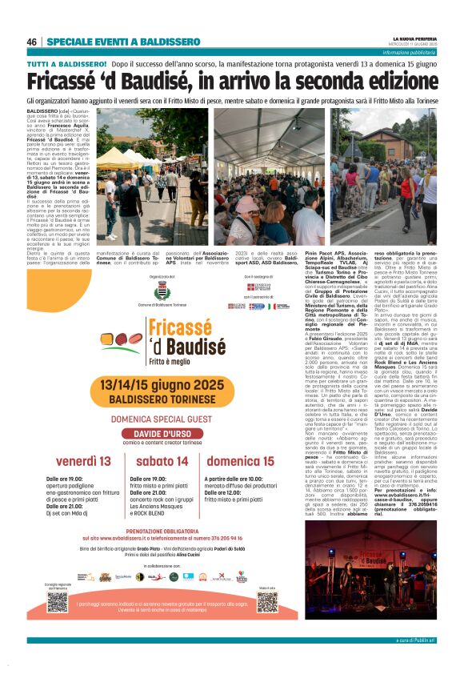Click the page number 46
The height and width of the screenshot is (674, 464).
(x=32, y=42)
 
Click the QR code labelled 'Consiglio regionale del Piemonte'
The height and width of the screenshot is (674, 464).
(x=57, y=601)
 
